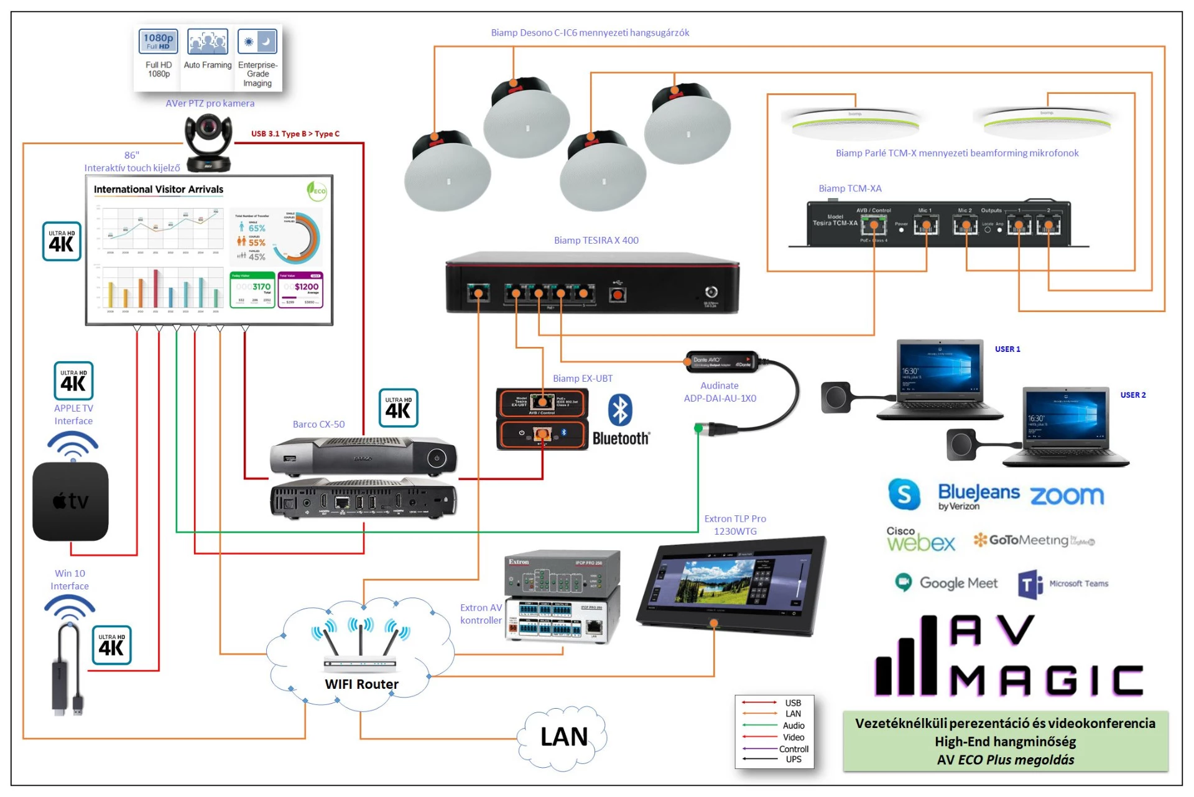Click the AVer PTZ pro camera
tap(209, 143)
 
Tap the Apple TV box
tap(70, 501)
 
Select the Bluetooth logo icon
tap(620, 410)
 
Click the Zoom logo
tap(1067, 495)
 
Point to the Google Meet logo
tap(946, 583)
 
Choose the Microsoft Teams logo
tap(1063, 584)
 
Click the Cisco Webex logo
tap(920, 540)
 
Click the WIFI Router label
tap(361, 684)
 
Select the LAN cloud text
tap(563, 737)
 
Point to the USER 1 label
tap(1007, 349)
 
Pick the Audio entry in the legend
tap(793, 726)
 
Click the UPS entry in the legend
tap(794, 759)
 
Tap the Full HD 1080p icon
tap(159, 42)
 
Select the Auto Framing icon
tap(208, 42)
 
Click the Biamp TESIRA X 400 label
tap(596, 241)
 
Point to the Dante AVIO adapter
tap(721, 361)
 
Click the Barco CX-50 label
tap(318, 425)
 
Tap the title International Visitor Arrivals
tap(159, 190)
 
